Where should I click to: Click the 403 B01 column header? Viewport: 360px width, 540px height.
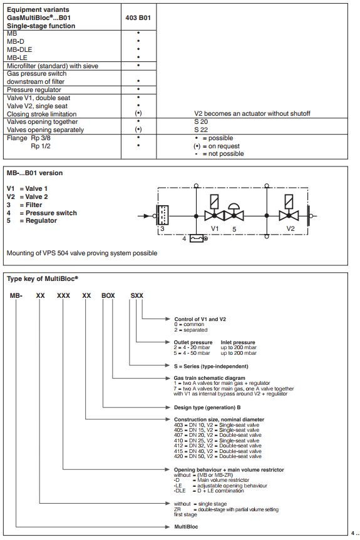coord(138,18)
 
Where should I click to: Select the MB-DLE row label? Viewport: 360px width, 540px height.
coord(19,49)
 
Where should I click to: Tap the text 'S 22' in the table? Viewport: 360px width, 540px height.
coord(201,130)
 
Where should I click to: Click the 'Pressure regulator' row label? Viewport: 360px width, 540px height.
coord(34,90)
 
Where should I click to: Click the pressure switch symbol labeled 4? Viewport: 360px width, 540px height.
coord(197,238)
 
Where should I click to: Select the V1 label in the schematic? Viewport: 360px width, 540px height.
coord(215,228)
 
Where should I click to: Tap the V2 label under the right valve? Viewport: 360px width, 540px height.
coord(291,228)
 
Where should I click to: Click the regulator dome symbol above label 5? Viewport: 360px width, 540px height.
coord(234,206)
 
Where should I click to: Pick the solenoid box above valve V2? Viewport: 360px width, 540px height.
coord(289,201)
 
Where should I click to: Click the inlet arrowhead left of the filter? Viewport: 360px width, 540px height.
coord(147,216)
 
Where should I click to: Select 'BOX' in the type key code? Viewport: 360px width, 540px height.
coord(108,295)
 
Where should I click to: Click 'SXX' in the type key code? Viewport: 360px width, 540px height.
coord(136,295)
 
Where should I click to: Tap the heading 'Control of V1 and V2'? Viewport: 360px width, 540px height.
coord(200,319)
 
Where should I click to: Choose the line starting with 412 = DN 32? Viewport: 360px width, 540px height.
coord(218,446)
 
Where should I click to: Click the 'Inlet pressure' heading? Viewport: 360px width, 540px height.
coord(238,342)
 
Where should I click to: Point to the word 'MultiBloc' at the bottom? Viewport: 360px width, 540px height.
coord(187,527)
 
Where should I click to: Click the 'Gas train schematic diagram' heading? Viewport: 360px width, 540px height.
coord(210,378)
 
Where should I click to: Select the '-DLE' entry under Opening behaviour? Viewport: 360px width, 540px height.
coord(180,491)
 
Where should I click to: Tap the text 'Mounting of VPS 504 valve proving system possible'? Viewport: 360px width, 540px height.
coord(82,253)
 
